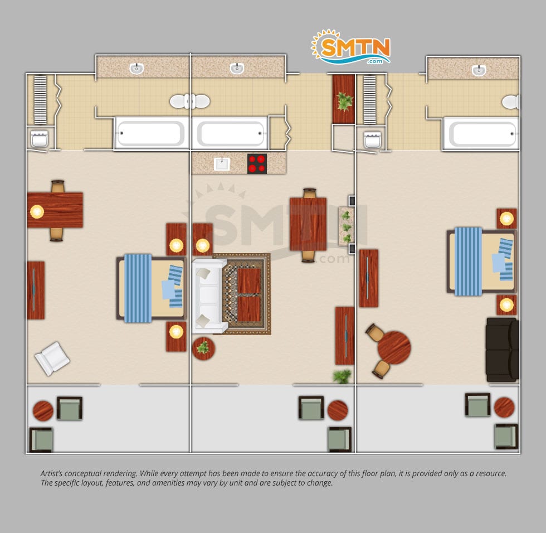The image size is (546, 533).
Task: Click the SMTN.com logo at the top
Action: tap(350, 47)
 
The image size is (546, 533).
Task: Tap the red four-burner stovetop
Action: tap(257, 164)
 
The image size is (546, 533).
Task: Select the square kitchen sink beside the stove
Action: tap(222, 164)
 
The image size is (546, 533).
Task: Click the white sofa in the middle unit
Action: tap(209, 295)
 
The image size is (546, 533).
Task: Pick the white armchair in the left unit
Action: tap(52, 358)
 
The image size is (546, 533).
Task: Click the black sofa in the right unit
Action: tap(503, 350)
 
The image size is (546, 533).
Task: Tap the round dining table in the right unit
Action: tap(394, 347)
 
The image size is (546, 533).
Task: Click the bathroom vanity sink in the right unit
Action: tap(479, 70)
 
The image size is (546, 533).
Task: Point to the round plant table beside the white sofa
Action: tap(203, 348)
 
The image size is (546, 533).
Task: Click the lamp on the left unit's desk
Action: tap(37, 211)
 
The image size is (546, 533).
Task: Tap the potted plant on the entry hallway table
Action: tap(344, 101)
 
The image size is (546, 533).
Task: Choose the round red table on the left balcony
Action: tap(43, 411)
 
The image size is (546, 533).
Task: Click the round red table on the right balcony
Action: tap(504, 407)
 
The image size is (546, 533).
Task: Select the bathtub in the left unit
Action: tap(151, 133)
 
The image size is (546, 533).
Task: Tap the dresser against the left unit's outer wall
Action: tap(36, 290)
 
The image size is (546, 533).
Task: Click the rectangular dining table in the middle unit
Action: tap(308, 224)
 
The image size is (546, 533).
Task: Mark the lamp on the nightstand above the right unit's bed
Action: tap(506, 219)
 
